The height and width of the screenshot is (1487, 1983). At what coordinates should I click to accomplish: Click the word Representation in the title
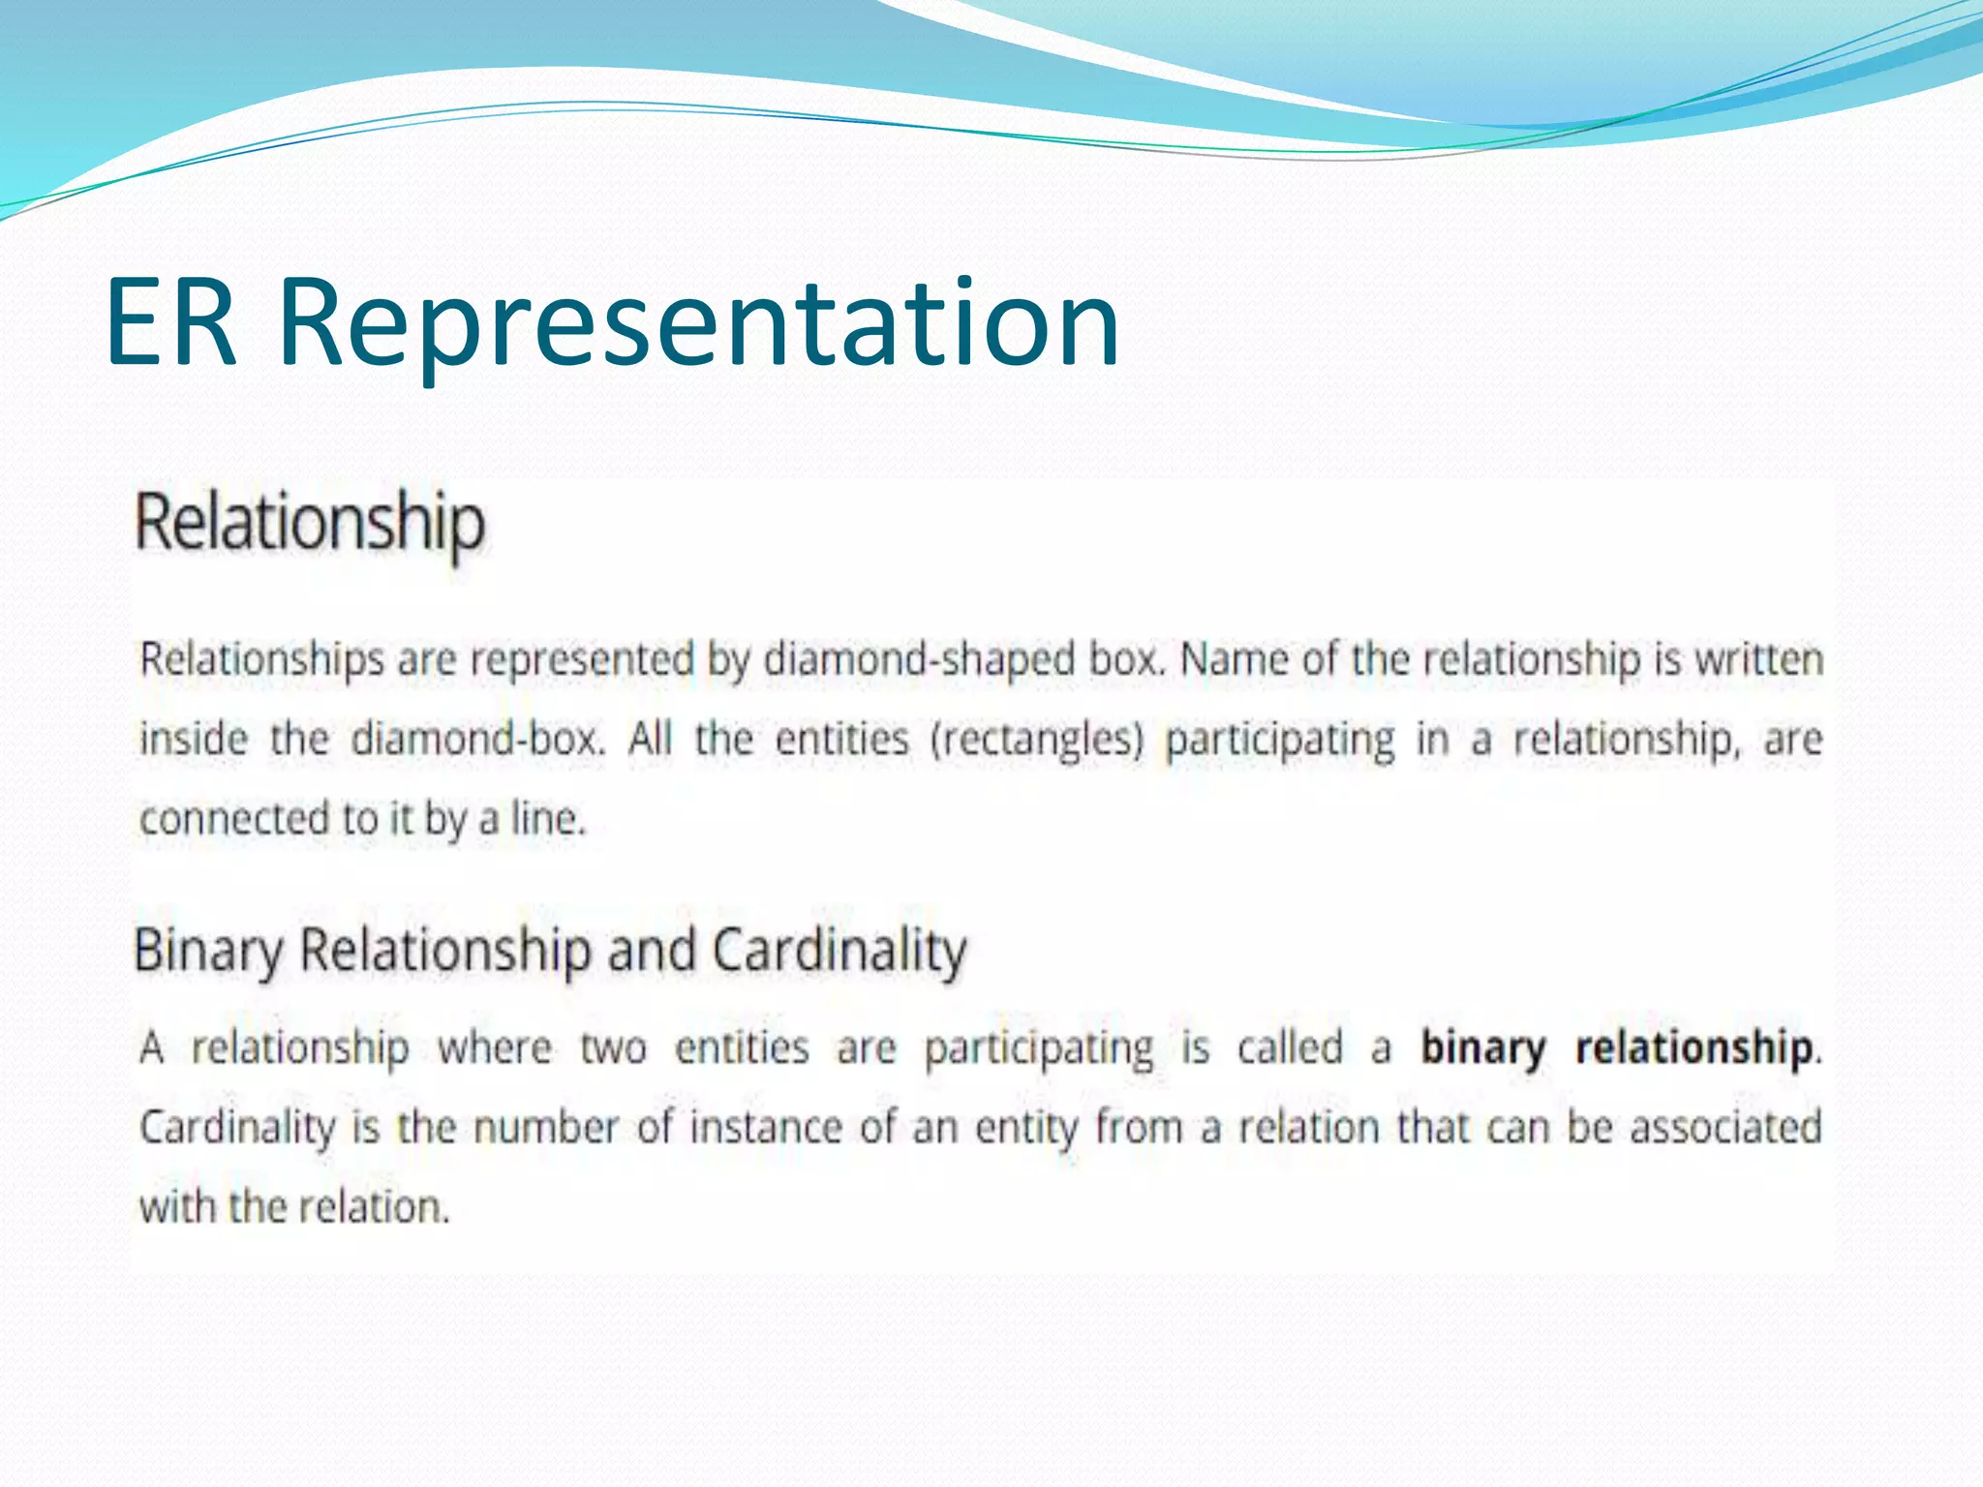(698, 324)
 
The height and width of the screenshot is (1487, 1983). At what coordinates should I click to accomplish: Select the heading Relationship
(309, 524)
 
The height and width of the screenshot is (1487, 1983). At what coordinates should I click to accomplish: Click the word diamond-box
(478, 741)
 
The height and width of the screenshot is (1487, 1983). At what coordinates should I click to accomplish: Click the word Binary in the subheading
(208, 951)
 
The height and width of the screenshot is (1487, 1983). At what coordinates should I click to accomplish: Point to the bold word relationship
(1695, 1048)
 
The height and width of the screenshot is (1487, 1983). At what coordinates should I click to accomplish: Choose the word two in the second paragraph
(613, 1048)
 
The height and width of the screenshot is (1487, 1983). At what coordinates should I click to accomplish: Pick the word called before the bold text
(1291, 1048)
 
